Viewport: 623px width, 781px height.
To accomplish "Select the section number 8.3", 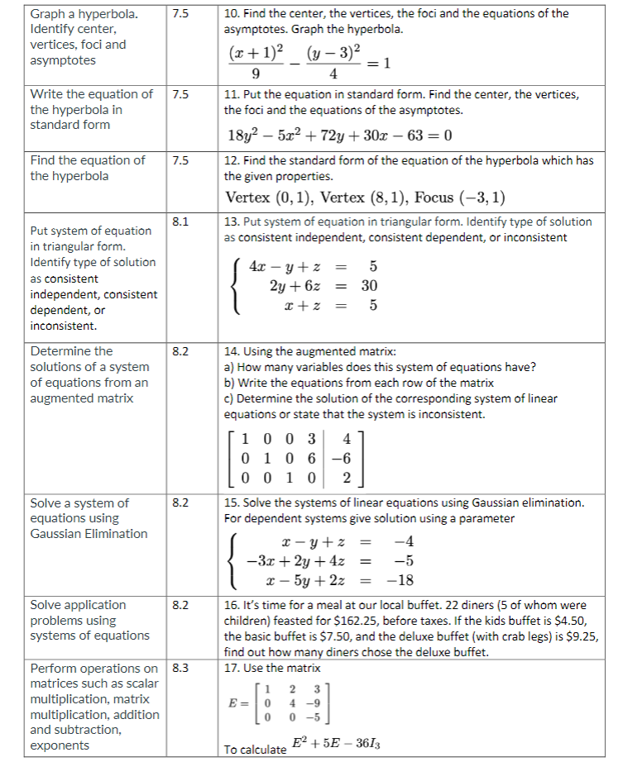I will click(180, 668).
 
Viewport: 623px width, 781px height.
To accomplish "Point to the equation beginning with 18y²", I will click(339, 136).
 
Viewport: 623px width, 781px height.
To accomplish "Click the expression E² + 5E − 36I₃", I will click(335, 744).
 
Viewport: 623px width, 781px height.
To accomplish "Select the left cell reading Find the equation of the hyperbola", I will click(88, 168).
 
